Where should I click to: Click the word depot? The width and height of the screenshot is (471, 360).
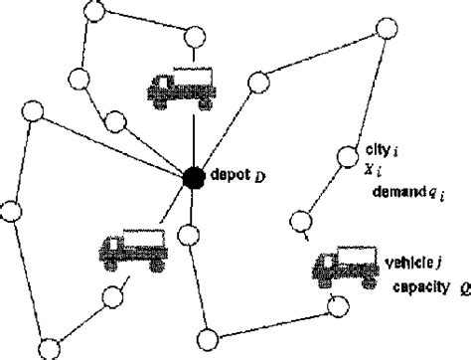(226, 176)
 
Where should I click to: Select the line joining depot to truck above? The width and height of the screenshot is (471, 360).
(191, 139)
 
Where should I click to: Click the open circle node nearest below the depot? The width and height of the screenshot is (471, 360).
(189, 235)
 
